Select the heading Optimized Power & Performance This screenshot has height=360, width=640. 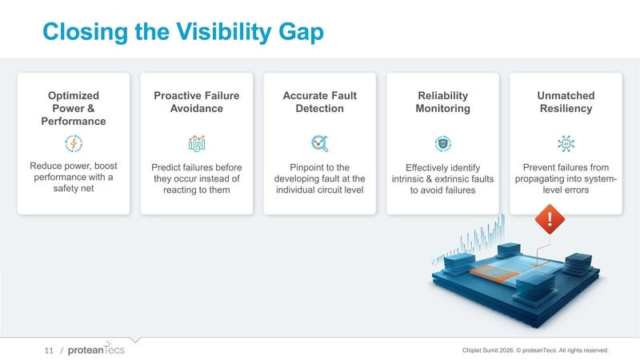tap(74, 109)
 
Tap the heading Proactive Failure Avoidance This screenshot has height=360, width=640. tap(196, 102)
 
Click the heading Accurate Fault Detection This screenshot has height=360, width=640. tap(319, 102)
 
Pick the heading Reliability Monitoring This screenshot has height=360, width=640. tap(442, 102)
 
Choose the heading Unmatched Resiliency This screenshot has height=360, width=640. tap(566, 102)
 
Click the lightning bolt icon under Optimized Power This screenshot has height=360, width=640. tap(74, 144)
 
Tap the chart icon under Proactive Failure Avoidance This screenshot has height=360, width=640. tap(196, 143)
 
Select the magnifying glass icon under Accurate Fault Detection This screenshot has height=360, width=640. tap(319, 143)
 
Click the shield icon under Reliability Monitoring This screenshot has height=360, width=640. tap(442, 143)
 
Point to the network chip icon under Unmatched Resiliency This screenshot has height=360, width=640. tap(566, 143)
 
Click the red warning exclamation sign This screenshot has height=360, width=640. tap(550, 218)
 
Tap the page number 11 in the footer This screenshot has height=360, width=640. tap(48, 350)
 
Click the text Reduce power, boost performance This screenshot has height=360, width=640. tap(74, 178)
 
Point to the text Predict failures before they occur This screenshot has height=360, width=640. tap(196, 178)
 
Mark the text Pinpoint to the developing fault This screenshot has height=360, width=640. tap(319, 178)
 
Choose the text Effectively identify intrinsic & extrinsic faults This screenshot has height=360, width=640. tap(442, 179)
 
